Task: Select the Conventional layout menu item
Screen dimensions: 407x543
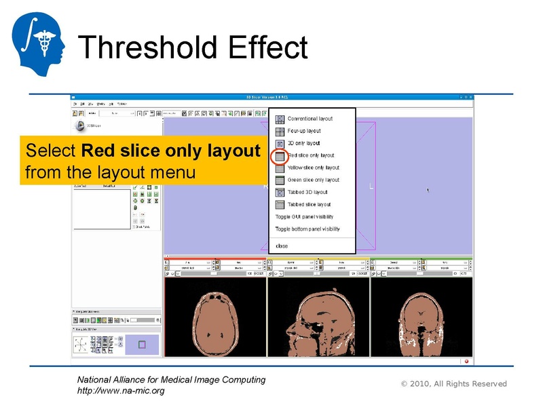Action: [x=310, y=119]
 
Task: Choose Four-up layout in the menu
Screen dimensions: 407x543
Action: [x=303, y=131]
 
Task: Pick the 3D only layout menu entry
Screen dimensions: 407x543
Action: [x=303, y=143]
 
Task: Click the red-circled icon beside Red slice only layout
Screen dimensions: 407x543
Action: [x=280, y=156]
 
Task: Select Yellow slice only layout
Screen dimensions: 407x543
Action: [x=313, y=168]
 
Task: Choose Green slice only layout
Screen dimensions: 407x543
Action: [x=313, y=180]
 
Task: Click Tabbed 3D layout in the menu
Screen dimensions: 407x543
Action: [x=307, y=192]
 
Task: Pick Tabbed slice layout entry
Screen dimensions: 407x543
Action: [x=309, y=204]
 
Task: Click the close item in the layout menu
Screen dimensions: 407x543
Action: [x=281, y=246]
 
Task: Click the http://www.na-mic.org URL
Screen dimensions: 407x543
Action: [x=121, y=391]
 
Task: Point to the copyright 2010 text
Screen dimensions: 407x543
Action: [x=453, y=384]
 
